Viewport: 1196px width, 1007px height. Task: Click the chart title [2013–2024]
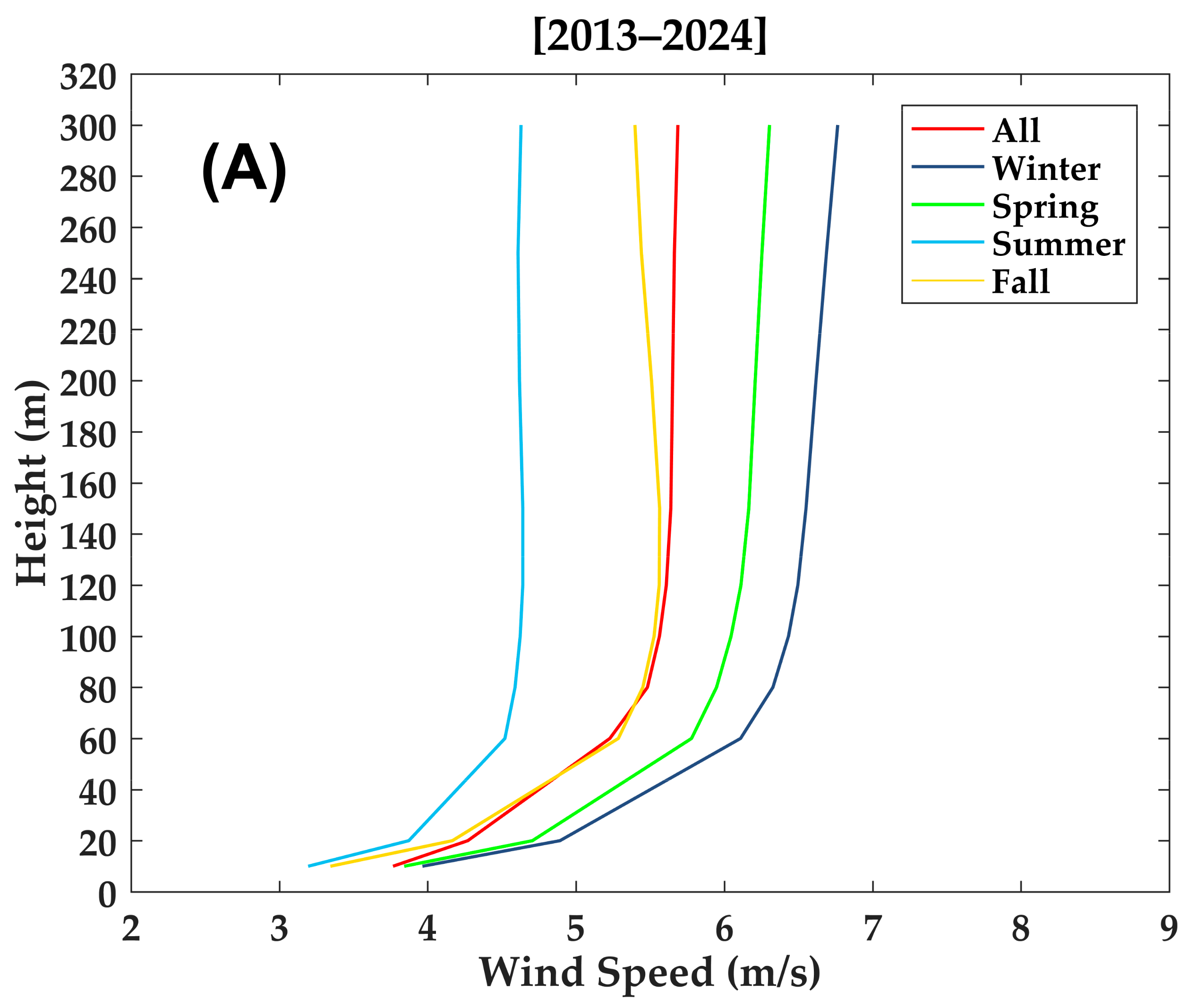click(x=650, y=35)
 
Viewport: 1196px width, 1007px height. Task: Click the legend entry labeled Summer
click(x=1058, y=245)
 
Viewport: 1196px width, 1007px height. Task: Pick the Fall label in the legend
click(x=1020, y=281)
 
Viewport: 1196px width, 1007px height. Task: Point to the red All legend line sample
click(x=948, y=129)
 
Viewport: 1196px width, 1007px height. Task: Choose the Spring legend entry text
click(x=1045, y=207)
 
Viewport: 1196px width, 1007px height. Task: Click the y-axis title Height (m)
click(x=32, y=483)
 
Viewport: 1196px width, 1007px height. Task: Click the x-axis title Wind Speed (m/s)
click(x=650, y=972)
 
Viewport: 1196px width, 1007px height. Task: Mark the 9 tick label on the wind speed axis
click(x=1169, y=928)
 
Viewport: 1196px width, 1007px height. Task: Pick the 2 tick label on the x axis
click(x=131, y=928)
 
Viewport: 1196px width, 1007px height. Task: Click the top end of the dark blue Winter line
click(x=837, y=126)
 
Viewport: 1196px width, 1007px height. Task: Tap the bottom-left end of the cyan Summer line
click(x=309, y=866)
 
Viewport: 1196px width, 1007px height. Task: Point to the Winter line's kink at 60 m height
click(x=740, y=738)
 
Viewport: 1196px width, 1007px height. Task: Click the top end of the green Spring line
click(x=769, y=126)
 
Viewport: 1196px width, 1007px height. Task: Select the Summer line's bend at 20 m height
click(x=409, y=840)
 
